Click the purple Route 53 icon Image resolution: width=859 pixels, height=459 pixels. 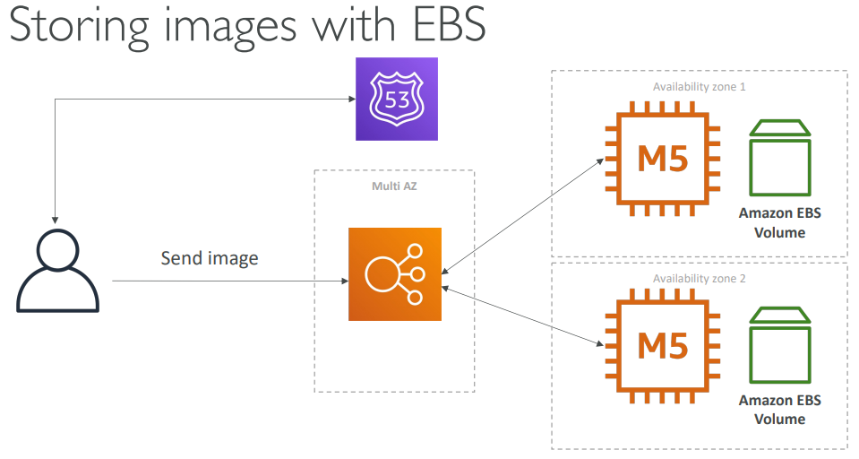397,99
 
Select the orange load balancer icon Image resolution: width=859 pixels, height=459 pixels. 395,274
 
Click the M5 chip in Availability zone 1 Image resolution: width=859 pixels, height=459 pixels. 663,159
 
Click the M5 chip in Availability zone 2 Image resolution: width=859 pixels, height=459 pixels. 663,345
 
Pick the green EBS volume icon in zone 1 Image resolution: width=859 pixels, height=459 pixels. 779,160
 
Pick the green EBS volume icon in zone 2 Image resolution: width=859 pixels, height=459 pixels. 779,347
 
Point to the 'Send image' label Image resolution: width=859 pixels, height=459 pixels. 210,259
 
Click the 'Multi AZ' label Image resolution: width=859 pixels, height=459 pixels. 394,186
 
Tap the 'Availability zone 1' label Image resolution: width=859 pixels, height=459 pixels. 699,88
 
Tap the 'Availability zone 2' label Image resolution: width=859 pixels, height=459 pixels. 699,279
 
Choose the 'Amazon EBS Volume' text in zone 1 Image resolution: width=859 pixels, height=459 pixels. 779,222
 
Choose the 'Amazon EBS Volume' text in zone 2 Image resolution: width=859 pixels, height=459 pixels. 779,409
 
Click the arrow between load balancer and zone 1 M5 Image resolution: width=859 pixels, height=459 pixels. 523,214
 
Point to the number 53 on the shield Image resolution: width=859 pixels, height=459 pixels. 397,99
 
